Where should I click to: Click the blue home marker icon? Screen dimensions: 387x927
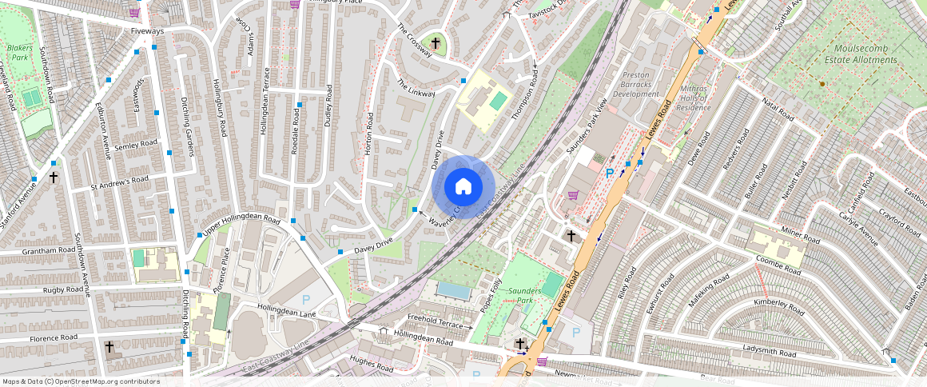(x=463, y=187)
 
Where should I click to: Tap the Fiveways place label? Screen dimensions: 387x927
(x=147, y=31)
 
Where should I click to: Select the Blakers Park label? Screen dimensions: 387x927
(x=19, y=53)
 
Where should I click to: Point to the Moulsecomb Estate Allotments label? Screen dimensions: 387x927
(x=861, y=54)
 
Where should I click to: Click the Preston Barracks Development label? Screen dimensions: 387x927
(x=635, y=84)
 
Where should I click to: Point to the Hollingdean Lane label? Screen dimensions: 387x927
(x=287, y=310)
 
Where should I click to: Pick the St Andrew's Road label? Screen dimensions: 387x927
(x=120, y=184)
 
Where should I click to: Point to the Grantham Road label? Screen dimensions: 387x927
(x=49, y=251)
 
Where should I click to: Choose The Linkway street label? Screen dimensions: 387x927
(x=416, y=88)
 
